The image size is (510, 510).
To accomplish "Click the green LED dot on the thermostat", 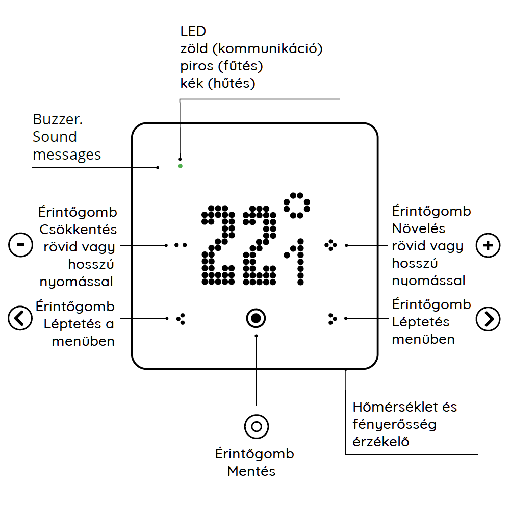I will [180, 166].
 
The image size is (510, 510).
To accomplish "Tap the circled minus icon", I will [20, 245].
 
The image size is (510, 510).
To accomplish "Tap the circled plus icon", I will [488, 245].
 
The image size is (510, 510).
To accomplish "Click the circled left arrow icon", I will [20, 318].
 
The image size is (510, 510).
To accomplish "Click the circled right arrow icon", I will [488, 319].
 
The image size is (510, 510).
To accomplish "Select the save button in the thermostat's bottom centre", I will [256, 318].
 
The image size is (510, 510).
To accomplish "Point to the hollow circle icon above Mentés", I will [256, 426].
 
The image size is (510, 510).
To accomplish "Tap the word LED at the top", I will [193, 31].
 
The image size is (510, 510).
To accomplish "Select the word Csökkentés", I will [78, 229].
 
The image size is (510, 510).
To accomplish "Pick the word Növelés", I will [419, 228].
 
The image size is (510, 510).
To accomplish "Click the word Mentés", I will [251, 471].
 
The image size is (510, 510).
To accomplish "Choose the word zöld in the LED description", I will [194, 49].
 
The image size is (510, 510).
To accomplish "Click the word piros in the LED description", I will [196, 66].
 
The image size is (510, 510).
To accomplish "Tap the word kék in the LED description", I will [192, 83].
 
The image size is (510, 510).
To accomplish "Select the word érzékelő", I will [381, 441].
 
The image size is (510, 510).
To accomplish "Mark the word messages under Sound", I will [67, 154].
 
